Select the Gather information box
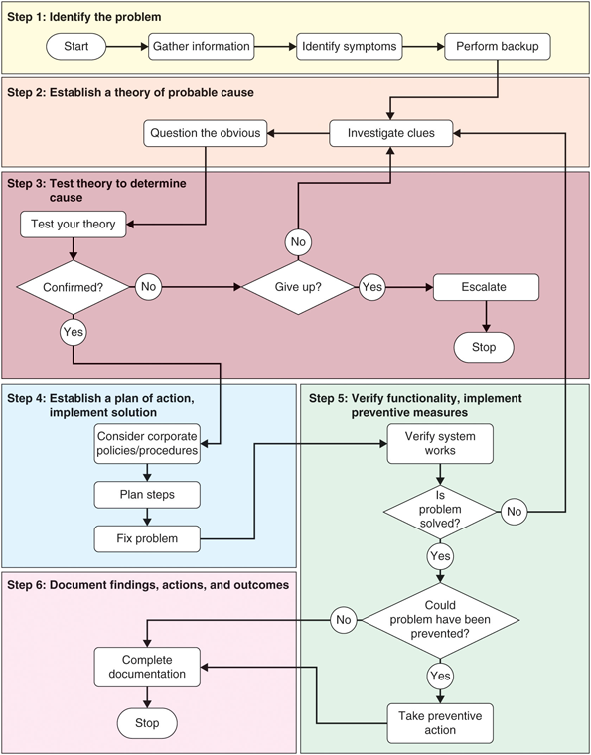click(201, 46)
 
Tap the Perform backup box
click(497, 46)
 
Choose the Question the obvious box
click(206, 132)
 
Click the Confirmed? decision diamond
click(74, 287)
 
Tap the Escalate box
click(485, 287)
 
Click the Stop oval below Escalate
click(484, 347)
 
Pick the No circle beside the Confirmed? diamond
click(149, 287)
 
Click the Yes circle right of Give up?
click(371, 287)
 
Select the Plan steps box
click(146, 494)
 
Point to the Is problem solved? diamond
click(438, 511)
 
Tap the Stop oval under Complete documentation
click(146, 723)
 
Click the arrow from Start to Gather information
click(127, 46)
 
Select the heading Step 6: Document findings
click(148, 586)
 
